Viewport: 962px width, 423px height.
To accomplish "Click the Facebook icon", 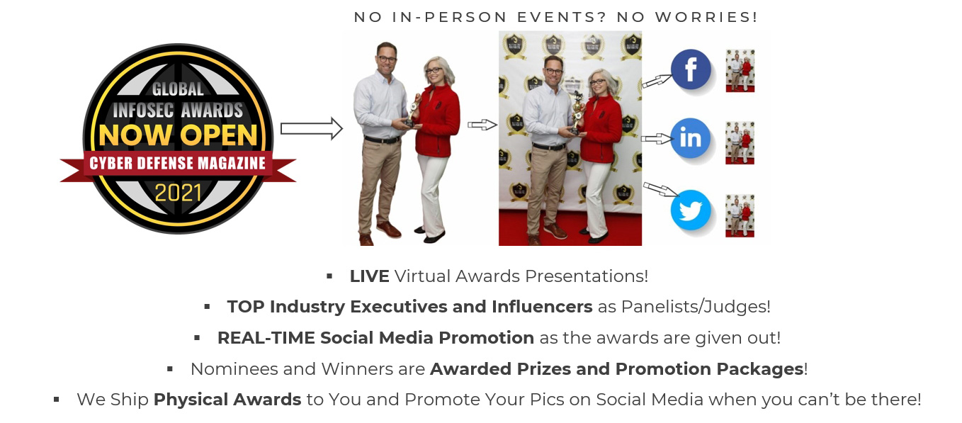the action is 691,69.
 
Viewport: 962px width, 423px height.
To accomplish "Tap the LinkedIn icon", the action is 691,138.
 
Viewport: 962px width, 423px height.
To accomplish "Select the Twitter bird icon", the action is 691,210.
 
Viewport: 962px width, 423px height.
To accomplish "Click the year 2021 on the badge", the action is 178,193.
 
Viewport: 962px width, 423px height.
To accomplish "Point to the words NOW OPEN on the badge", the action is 178,135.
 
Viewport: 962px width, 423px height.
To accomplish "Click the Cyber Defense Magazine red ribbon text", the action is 177,163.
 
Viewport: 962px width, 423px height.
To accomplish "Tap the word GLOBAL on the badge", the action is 178,89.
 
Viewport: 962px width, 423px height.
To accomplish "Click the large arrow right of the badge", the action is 312,128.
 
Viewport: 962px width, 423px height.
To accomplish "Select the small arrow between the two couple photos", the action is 482,125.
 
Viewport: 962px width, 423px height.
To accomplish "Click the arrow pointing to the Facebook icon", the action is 657,81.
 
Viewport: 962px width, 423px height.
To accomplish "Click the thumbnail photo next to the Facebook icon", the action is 740,71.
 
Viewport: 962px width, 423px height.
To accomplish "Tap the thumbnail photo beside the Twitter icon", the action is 740,216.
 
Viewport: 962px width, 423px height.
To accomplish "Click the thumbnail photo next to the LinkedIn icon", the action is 740,143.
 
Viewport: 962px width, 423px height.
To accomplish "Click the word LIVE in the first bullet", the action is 369,276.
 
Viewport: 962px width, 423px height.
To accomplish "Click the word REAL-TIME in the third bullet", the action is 266,338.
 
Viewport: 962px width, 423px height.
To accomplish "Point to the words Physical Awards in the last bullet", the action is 227,400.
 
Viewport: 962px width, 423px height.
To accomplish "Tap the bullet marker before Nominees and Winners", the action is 170,369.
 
